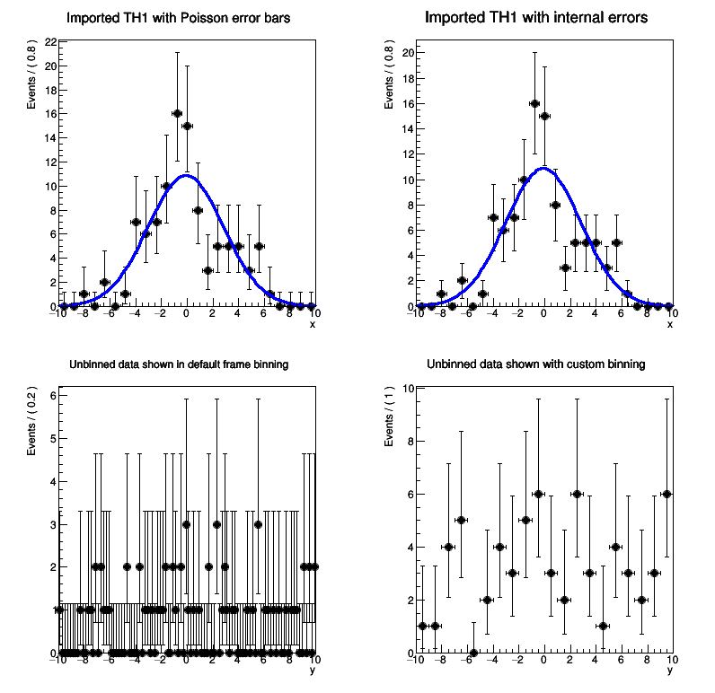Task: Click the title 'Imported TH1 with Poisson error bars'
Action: [x=179, y=18]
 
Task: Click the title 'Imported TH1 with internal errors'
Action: [x=536, y=18]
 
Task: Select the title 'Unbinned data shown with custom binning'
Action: [x=536, y=364]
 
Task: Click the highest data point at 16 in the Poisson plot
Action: [x=177, y=113]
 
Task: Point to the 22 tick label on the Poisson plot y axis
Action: [x=50, y=42]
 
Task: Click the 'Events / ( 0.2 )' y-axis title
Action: [x=31, y=422]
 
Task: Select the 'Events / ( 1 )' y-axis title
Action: [x=389, y=417]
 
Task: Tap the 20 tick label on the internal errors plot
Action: [x=408, y=52]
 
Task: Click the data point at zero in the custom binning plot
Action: [x=473, y=653]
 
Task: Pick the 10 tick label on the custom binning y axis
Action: [x=408, y=389]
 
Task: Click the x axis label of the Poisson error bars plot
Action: [x=313, y=324]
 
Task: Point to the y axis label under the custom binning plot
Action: [x=670, y=670]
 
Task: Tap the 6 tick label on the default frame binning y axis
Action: [x=53, y=396]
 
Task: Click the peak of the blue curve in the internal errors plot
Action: [x=543, y=168]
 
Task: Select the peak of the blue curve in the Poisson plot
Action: [x=186, y=175]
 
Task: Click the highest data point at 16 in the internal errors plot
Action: [x=534, y=103]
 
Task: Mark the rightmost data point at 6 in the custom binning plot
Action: [x=666, y=494]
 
